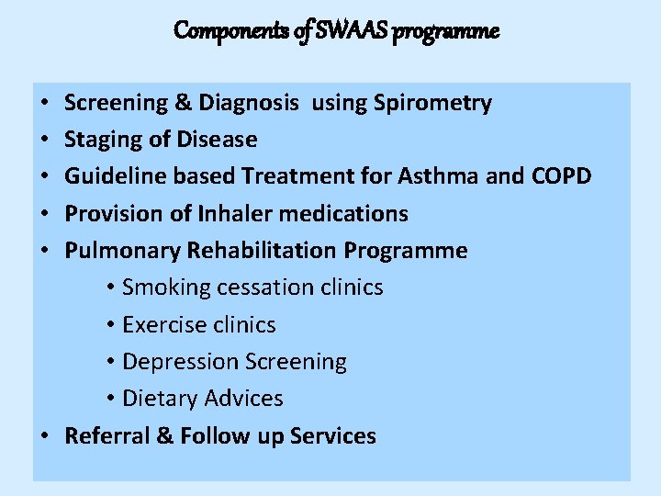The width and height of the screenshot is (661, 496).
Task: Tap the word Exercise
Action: pyautogui.click(x=162, y=325)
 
